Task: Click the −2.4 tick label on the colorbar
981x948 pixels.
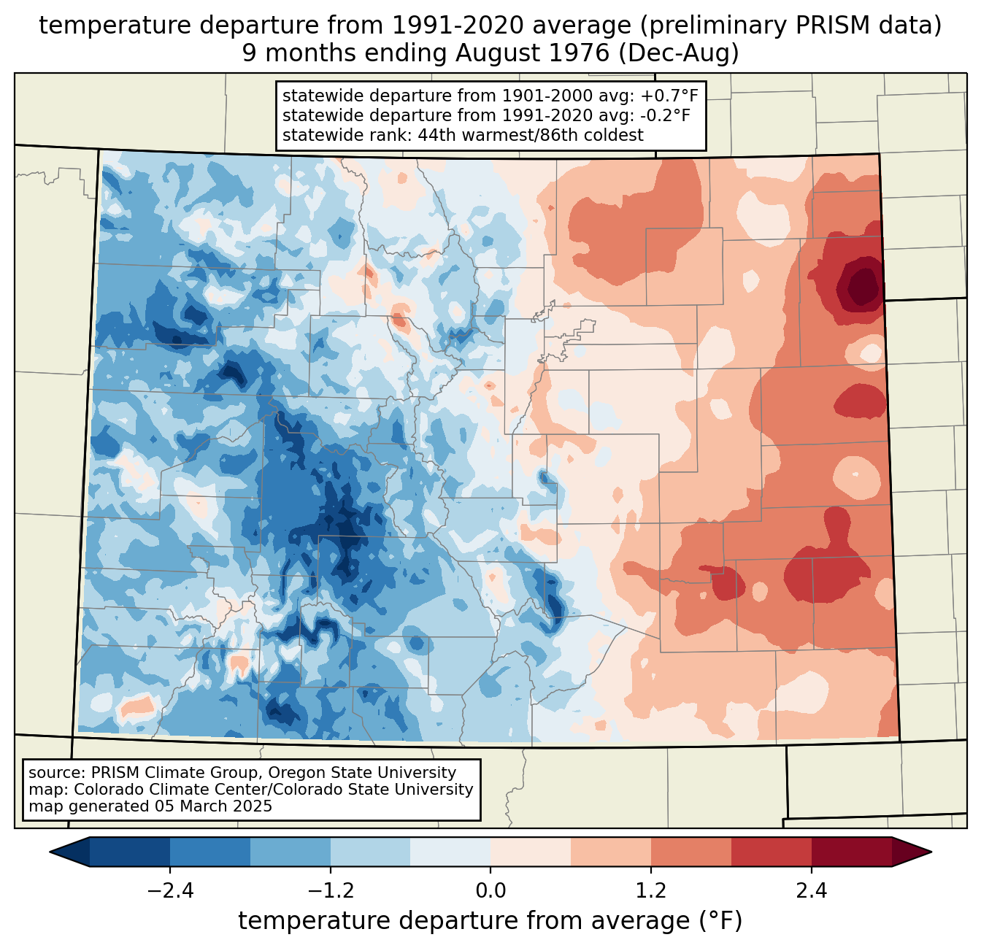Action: click(169, 891)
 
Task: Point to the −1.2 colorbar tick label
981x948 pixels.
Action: click(330, 891)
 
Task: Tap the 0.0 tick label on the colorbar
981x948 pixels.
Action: click(490, 891)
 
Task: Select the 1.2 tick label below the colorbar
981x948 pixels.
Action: click(651, 891)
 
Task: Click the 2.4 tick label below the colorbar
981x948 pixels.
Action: click(812, 891)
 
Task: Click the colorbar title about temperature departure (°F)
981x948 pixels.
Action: click(490, 921)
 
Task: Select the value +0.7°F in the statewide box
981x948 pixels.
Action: click(671, 96)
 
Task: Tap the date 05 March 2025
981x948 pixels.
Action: click(213, 806)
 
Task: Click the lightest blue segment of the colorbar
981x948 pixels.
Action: click(450, 852)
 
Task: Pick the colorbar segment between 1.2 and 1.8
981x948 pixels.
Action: click(691, 852)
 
